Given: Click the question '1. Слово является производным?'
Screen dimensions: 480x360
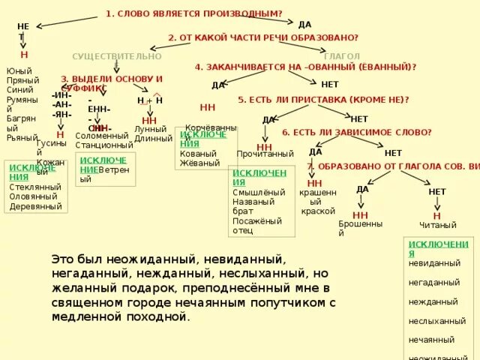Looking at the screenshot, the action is click(x=193, y=13).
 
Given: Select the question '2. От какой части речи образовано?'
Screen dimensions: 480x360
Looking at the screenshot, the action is click(x=262, y=37).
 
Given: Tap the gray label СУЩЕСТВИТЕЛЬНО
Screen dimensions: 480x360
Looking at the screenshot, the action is click(x=116, y=56).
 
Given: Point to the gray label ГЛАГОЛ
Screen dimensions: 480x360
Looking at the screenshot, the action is click(x=342, y=56).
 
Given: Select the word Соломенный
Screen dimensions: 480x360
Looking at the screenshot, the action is click(x=103, y=136).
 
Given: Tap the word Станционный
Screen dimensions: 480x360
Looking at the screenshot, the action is click(x=104, y=145).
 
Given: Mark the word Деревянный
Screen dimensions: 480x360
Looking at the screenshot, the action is click(x=36, y=206).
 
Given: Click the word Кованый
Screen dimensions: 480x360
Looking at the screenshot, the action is click(x=197, y=153).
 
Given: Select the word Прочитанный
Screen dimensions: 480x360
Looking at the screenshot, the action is click(x=265, y=154).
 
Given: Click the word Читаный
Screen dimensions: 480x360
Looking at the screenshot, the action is click(x=438, y=225).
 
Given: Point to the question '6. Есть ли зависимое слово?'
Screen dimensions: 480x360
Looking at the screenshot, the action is click(x=356, y=132).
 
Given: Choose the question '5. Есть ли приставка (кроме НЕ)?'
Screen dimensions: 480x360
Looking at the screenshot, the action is click(x=323, y=99).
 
